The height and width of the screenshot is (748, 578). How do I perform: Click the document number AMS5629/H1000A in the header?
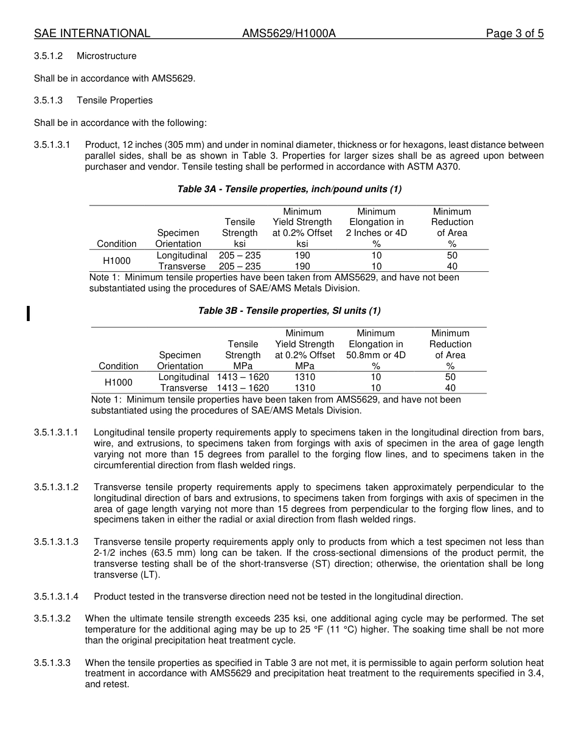tap(288, 33)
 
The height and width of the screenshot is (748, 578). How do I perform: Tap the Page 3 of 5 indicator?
tap(514, 33)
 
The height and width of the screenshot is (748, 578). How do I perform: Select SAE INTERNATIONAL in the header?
tap(92, 33)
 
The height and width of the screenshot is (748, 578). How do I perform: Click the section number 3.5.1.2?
tap(48, 56)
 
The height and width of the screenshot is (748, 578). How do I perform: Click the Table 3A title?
tap(289, 189)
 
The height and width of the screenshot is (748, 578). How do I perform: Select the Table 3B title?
tap(289, 311)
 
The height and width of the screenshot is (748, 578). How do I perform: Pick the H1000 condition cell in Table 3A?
tap(116, 261)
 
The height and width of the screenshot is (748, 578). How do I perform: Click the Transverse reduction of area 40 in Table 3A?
tap(451, 266)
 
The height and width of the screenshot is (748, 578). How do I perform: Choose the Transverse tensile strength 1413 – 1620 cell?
tap(243, 388)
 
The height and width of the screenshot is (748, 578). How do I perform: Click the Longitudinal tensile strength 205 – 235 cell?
tap(240, 255)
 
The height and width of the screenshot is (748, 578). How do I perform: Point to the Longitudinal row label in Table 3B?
tap(184, 377)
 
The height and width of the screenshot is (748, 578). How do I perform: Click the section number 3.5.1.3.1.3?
tap(56, 542)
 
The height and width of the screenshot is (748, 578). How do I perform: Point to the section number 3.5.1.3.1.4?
tap(56, 597)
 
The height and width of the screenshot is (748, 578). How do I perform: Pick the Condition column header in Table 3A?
tap(116, 244)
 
